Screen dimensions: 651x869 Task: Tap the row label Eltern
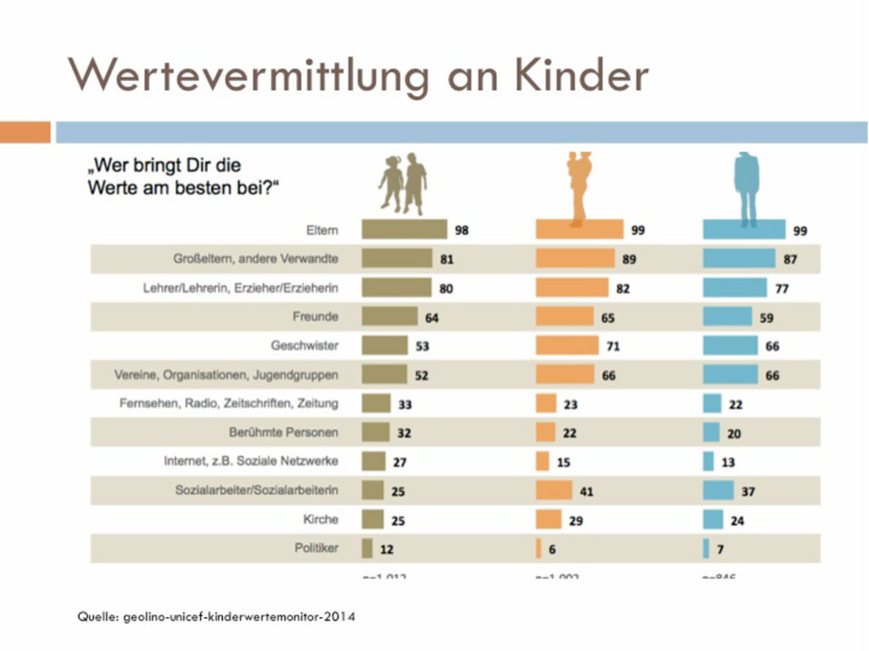322,230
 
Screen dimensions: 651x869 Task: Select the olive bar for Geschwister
384,345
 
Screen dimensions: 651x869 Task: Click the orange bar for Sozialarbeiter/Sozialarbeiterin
554,490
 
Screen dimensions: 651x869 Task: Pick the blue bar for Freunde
727,317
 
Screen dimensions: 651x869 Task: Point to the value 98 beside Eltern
462,230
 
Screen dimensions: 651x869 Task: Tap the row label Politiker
319,547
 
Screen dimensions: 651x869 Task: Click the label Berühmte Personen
283,432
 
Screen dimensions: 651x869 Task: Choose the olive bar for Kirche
373,519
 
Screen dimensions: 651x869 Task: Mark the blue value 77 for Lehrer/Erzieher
782,289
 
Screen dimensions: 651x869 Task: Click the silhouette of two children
403,183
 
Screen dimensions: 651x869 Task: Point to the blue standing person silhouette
746,188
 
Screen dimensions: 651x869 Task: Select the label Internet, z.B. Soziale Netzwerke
251,461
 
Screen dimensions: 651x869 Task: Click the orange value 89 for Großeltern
629,259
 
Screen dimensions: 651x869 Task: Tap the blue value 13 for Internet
728,463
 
